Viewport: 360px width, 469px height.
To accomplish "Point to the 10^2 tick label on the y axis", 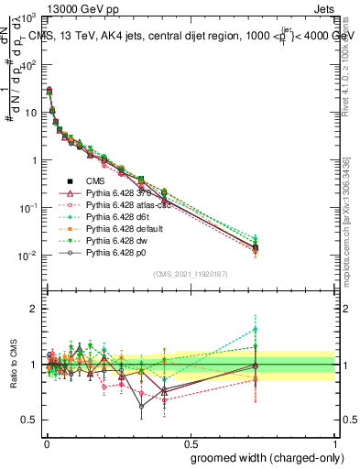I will pos(26,65).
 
